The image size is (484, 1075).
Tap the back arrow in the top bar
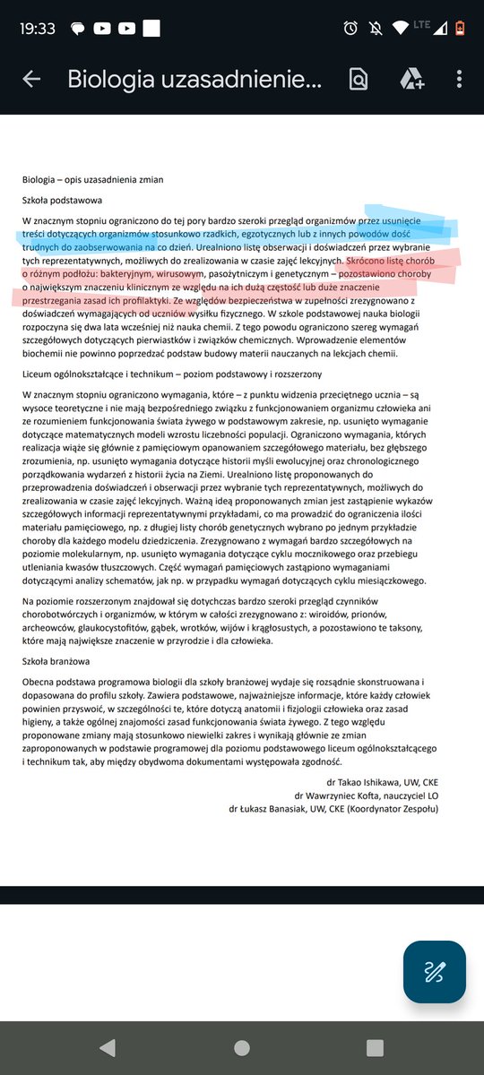[x=31, y=79]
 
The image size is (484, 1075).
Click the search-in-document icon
[x=359, y=79]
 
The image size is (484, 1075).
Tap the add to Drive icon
[x=411, y=79]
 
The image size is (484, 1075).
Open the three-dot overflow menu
[x=459, y=79]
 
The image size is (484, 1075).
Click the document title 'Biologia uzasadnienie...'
[x=193, y=79]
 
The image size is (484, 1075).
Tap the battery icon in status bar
[x=461, y=28]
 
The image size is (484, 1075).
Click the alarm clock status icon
[x=350, y=28]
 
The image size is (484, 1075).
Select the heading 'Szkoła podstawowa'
[x=63, y=200]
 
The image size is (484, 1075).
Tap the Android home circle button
[x=241, y=1047]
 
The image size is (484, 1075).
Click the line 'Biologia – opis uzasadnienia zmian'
[x=93, y=179]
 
